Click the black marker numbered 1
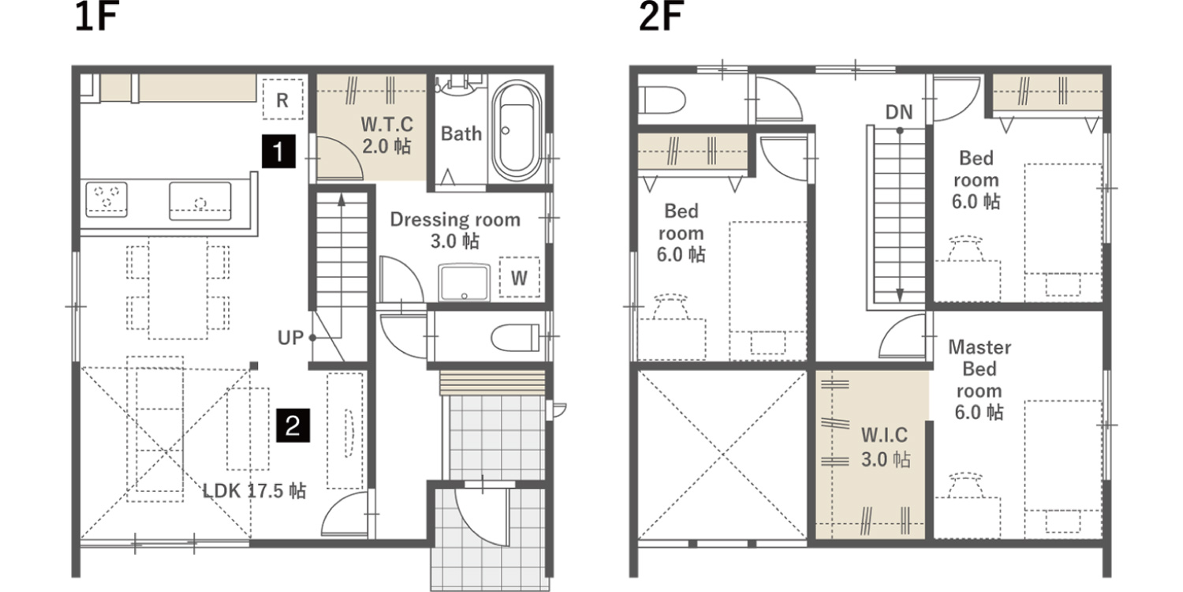(x=278, y=152)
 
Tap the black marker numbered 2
(x=293, y=425)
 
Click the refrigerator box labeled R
(x=282, y=99)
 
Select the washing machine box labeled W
(x=519, y=278)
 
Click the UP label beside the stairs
(x=290, y=338)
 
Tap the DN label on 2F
(x=899, y=112)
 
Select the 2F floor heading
(x=661, y=17)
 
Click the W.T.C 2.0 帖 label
(x=386, y=135)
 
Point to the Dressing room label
(x=455, y=219)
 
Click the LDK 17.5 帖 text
(x=254, y=491)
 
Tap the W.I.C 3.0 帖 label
(x=885, y=448)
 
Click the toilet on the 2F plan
(x=661, y=100)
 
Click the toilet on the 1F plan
(x=515, y=337)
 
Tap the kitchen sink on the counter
(x=200, y=200)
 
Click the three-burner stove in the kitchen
(x=106, y=199)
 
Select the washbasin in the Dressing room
(x=464, y=283)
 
